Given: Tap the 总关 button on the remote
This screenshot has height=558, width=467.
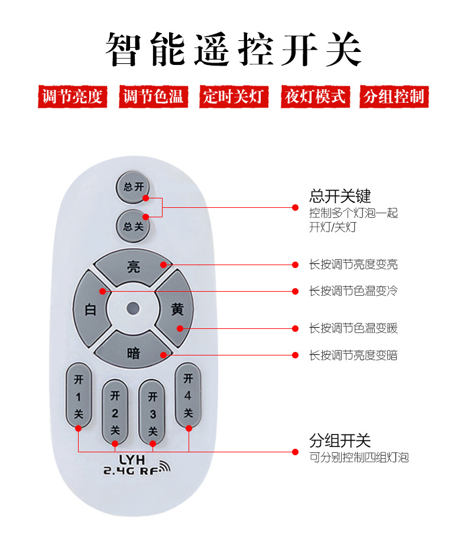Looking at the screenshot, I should pos(133,226).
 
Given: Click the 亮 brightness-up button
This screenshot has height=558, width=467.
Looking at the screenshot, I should pos(134,267).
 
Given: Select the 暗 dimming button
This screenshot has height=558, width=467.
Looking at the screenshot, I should pos(134,353).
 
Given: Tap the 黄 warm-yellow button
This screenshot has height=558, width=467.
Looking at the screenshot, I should pos(177,309).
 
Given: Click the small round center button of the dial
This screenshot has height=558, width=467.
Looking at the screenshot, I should pos(133,308).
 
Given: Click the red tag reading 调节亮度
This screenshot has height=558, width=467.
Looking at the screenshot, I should pos(73,97).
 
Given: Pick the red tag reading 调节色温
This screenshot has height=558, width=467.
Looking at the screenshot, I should pos(153,97).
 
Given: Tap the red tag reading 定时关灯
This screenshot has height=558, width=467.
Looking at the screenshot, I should pos(233,97).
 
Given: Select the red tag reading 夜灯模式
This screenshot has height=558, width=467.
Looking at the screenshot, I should pos(315,97).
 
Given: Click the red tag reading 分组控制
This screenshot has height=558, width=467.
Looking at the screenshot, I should pos(394,97).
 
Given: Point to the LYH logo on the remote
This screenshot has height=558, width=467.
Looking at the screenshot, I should pos(132,459).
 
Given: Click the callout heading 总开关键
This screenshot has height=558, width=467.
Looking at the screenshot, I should pos(340,196).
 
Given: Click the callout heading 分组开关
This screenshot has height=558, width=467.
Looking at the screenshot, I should pos(340,440).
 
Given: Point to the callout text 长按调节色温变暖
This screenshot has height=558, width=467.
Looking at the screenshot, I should pos(353,328).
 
